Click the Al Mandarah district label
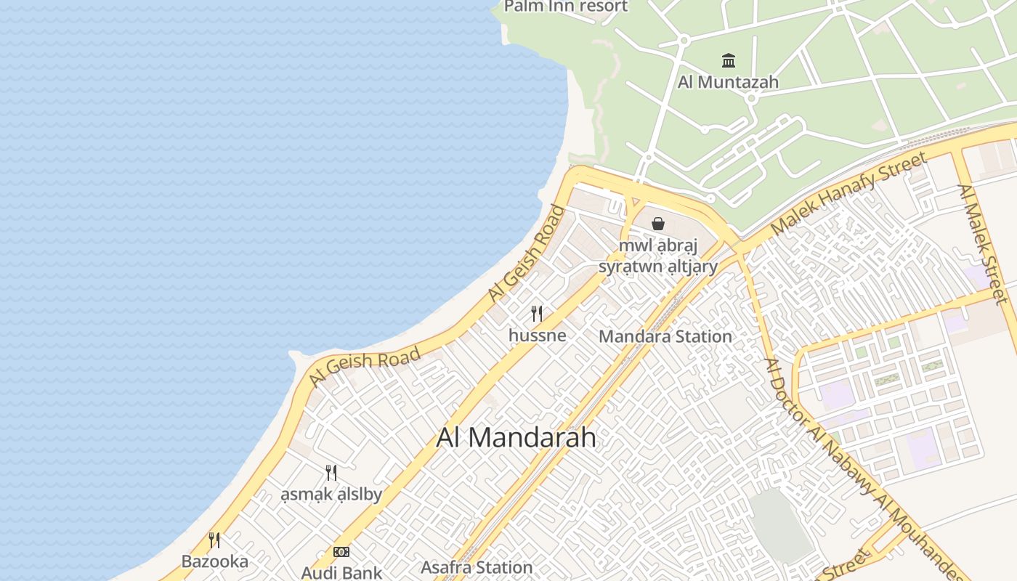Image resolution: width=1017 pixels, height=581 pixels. pyautogui.click(x=516, y=437)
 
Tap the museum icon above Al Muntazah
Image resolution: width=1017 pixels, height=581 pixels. pyautogui.click(x=728, y=60)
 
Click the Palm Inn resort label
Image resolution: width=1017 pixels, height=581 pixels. pyautogui.click(x=566, y=7)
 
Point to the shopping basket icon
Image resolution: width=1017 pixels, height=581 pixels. pyautogui.click(x=658, y=224)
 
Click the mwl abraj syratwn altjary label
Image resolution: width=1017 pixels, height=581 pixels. pyautogui.click(x=658, y=256)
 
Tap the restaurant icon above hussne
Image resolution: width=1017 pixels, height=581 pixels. pyautogui.click(x=537, y=314)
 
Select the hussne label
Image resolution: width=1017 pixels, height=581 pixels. pyautogui.click(x=537, y=336)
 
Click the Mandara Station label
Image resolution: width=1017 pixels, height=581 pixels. pyautogui.click(x=665, y=336)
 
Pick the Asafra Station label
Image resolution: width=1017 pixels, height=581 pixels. pyautogui.click(x=477, y=567)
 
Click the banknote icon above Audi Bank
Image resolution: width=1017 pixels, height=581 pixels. pyautogui.click(x=341, y=552)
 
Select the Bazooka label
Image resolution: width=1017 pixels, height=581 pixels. pyautogui.click(x=214, y=561)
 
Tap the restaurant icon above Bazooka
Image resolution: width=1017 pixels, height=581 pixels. pyautogui.click(x=214, y=540)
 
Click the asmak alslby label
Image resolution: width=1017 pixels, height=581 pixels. pyautogui.click(x=331, y=495)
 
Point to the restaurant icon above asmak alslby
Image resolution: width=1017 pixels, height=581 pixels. pyautogui.click(x=331, y=473)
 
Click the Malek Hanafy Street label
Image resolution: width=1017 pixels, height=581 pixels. pyautogui.click(x=848, y=193)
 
